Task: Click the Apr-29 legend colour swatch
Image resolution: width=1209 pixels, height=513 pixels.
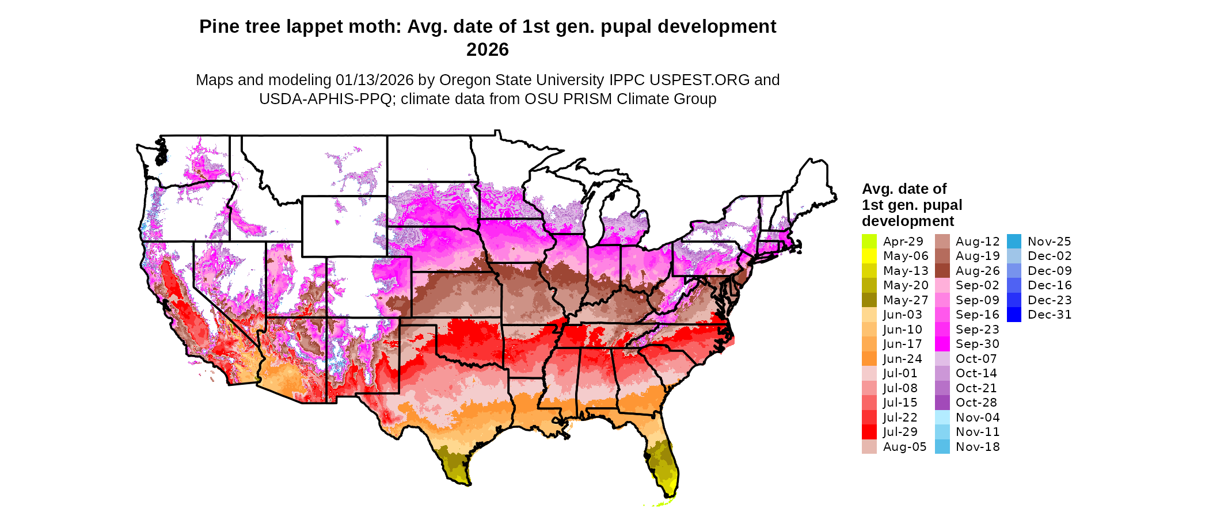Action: click(x=869, y=242)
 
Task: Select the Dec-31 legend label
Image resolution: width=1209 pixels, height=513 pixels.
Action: click(x=1050, y=315)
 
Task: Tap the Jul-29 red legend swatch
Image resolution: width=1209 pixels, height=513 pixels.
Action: click(x=869, y=432)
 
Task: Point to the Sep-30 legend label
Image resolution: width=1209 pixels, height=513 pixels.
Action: click(x=978, y=344)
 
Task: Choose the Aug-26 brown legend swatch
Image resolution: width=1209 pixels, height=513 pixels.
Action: click(x=942, y=271)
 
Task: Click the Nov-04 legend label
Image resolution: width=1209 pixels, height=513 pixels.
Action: click(x=978, y=418)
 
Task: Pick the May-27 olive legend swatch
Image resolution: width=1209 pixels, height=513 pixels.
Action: click(x=869, y=300)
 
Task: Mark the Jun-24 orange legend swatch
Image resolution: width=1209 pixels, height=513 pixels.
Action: click(x=869, y=359)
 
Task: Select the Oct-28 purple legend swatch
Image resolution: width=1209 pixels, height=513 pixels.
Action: click(x=942, y=403)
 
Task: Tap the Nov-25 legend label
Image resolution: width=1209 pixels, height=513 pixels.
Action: click(x=1050, y=242)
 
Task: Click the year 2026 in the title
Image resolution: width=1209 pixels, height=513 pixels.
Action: click(x=487, y=50)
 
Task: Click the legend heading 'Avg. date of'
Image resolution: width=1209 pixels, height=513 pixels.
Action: click(x=904, y=189)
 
